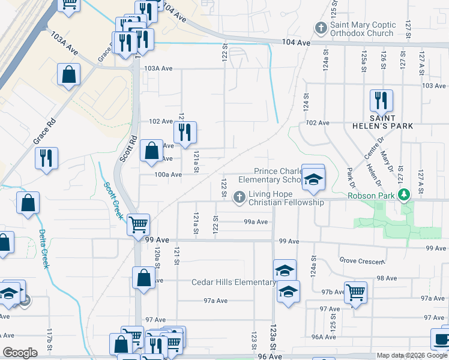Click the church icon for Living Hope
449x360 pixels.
[x=239, y=196]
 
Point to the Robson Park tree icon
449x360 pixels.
[x=405, y=194]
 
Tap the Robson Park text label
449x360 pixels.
[x=373, y=195]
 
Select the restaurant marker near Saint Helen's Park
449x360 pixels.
[x=381, y=101]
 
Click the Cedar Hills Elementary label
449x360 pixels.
[x=234, y=283]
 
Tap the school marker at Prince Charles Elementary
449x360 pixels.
[x=313, y=178]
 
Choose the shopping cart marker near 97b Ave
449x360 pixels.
[x=355, y=292]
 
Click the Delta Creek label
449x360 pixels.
[x=43, y=248]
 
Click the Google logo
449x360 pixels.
[x=20, y=353]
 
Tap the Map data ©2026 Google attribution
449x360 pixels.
[x=412, y=355]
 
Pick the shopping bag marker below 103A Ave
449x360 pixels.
[x=69, y=76]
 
